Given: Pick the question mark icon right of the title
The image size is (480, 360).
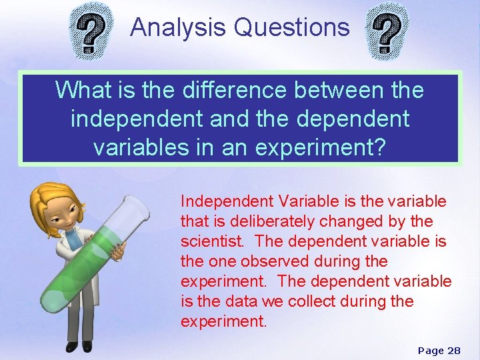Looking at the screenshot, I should [388, 30].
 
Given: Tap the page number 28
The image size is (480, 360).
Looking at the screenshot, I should [453, 350].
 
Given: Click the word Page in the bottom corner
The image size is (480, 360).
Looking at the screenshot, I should [430, 350].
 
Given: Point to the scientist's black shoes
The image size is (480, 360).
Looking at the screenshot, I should [79, 347].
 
